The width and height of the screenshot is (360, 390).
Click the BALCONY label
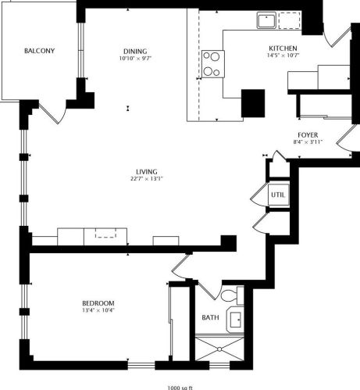pos(39,51)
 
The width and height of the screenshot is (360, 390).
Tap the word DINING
pos(134,48)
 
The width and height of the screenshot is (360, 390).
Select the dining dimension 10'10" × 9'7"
pos(134,58)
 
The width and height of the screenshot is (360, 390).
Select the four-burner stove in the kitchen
pos(212,63)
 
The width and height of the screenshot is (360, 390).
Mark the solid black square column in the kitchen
pos(252,103)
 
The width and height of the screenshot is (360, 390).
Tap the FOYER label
pos(306,134)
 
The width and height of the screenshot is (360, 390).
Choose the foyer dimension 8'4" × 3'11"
pos(306,142)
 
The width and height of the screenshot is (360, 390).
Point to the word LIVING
pos(147,172)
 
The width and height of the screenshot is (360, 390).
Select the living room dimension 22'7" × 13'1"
pos(147,181)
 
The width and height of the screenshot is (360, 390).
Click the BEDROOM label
pos(98,303)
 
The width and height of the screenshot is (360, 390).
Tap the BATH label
pos(210,318)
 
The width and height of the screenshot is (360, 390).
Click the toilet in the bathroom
pos(228,296)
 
